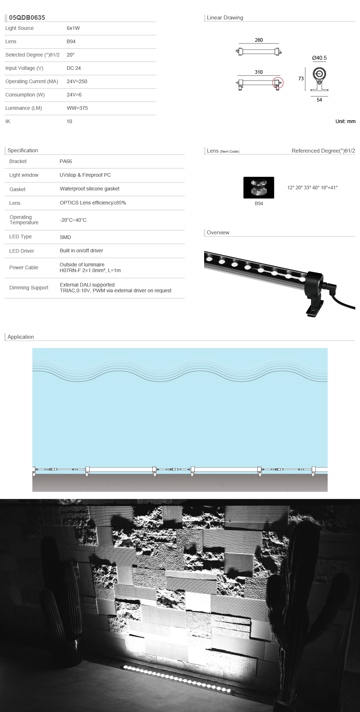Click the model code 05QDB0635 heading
tap(27, 18)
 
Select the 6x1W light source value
tap(73, 28)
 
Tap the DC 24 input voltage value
tap(73, 68)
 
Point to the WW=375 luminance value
tap(77, 108)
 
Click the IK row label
tap(8, 121)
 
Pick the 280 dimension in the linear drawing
tap(258, 40)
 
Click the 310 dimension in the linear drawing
tap(258, 72)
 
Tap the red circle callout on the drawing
tap(278, 83)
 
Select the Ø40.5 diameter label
tap(319, 58)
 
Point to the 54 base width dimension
tap(319, 100)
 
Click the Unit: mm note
tap(345, 121)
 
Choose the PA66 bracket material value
tap(66, 161)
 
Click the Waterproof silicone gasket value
tap(89, 189)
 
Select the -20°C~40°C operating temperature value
tap(73, 220)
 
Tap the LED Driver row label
tap(22, 251)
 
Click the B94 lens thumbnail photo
tap(258, 188)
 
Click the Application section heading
tap(21, 337)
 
